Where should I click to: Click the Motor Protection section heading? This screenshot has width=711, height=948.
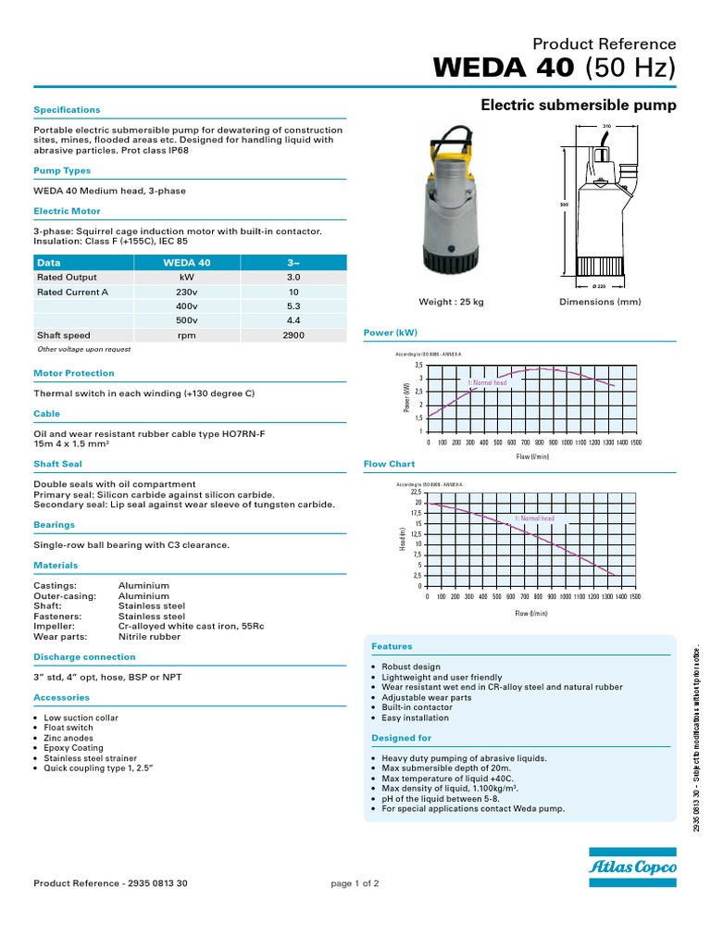74,373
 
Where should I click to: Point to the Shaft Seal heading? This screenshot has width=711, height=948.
58,464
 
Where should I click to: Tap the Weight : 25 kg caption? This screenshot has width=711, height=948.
452,302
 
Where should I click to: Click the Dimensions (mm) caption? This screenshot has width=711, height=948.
600,302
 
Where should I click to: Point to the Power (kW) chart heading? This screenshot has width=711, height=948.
391,331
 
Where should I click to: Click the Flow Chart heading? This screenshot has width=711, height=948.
389,464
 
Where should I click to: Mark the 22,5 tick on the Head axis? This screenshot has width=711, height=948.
416,493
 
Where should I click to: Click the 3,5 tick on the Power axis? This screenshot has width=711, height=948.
418,366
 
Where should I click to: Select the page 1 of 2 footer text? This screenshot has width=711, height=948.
355,883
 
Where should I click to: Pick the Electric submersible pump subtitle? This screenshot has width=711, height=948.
579,106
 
